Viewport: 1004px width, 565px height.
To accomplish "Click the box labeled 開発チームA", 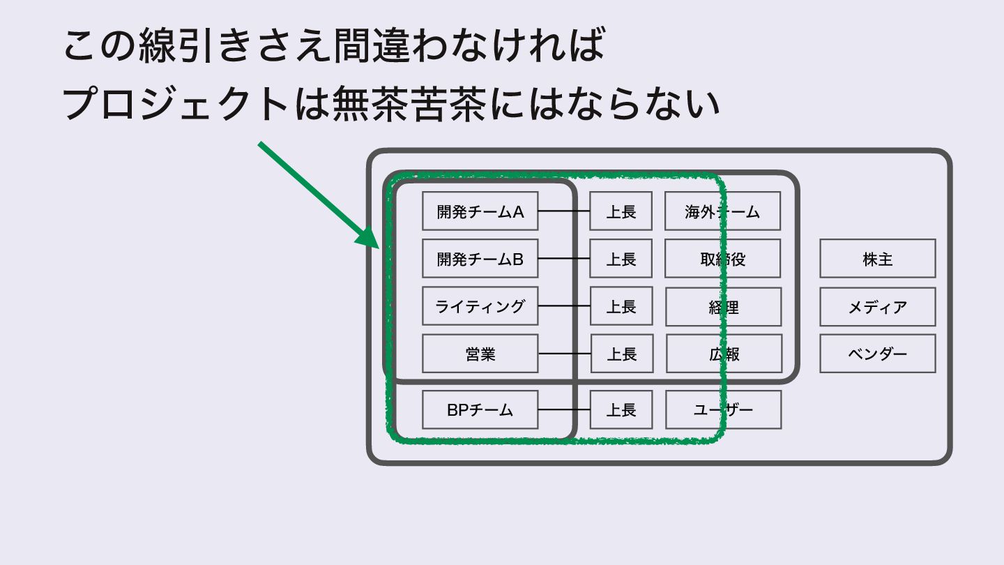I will tap(480, 211).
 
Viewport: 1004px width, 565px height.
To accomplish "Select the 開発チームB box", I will tap(480, 258).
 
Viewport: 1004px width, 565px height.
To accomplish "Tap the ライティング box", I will tap(480, 306).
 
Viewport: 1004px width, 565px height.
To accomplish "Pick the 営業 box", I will tap(480, 353).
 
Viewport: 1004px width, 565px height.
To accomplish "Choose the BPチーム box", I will tap(480, 409).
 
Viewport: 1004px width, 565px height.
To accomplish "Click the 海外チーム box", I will tap(722, 211).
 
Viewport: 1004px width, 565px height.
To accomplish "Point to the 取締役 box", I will tap(722, 258).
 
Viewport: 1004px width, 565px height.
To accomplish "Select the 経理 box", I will tap(723, 306).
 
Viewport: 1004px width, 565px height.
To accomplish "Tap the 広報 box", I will tap(724, 353).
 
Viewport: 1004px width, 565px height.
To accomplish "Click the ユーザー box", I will tap(723, 409).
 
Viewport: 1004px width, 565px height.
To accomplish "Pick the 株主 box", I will tap(877, 258).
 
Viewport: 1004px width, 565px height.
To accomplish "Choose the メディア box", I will tap(877, 306).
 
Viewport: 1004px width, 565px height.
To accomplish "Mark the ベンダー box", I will tap(877, 353).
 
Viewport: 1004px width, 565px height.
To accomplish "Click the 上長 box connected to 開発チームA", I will tap(621, 211).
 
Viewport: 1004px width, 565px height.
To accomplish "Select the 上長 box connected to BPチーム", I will tap(621, 409).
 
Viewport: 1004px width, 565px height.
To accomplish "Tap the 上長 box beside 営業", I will tap(622, 353).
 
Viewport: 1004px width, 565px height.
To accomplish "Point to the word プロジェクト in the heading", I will tap(174, 105).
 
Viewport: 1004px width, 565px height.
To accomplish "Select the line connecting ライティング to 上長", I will tap(564, 306).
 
